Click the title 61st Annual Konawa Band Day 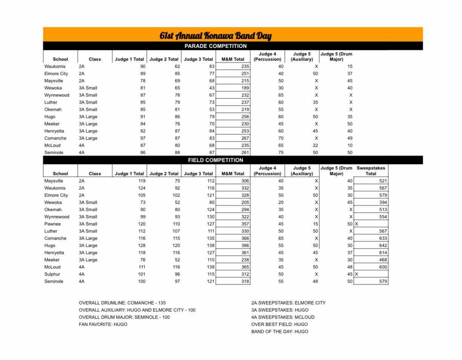click(215, 36)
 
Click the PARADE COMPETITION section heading click(215, 46)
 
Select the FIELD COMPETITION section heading click(215, 160)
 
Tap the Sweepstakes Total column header click(371, 171)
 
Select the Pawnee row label click(52, 224)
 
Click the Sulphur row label click(52, 274)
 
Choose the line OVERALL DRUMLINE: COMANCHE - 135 click(122, 303)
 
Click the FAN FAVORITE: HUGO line click(103, 324)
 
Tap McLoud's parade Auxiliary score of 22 click(315, 145)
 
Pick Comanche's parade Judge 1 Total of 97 click(142, 138)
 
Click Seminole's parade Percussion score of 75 click(280, 153)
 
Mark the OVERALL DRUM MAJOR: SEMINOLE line click(124, 317)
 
